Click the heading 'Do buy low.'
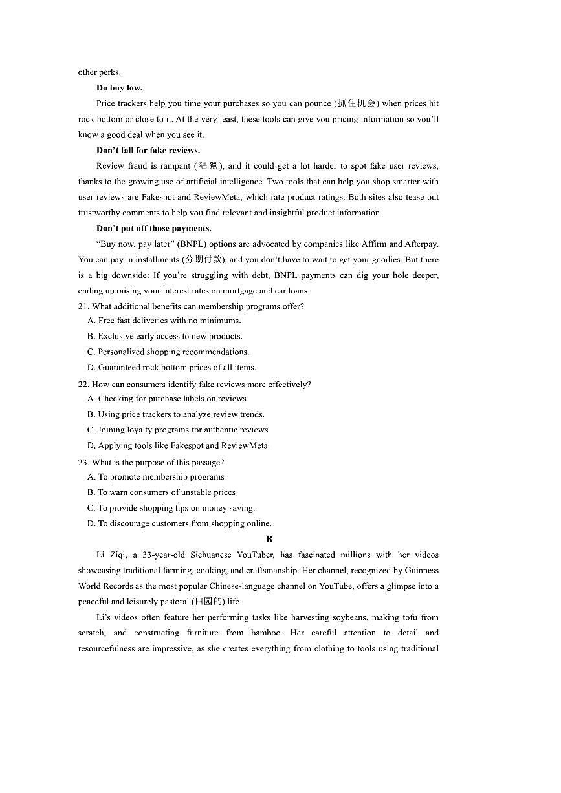pos(119,88)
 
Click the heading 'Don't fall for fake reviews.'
pos(148,151)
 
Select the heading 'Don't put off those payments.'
pos(153,228)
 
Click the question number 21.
pos(83,306)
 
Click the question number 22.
pos(83,385)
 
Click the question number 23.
pos(83,463)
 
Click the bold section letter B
pos(269,539)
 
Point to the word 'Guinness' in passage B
pos(422,571)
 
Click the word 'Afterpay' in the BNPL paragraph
pos(421,244)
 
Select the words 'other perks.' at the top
pos(99,72)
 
